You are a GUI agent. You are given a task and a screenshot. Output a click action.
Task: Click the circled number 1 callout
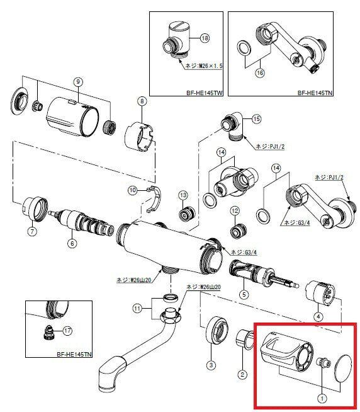point(322,398)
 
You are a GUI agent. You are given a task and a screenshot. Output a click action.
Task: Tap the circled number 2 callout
point(242,375)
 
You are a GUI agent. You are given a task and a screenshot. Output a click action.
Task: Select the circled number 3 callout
point(211,365)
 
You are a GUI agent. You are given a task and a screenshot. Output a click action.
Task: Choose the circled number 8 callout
point(142,101)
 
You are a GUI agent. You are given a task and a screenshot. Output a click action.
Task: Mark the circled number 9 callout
point(78,82)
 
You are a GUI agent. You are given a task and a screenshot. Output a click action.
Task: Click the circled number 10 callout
point(133,189)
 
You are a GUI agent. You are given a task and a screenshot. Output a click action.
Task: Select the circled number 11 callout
point(138,308)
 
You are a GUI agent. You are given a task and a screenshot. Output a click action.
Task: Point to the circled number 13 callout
point(184,195)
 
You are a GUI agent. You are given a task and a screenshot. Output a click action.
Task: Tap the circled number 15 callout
point(256,118)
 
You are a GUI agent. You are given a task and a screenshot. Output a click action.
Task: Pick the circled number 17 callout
point(67,330)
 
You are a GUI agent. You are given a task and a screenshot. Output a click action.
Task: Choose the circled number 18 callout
point(205,38)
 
